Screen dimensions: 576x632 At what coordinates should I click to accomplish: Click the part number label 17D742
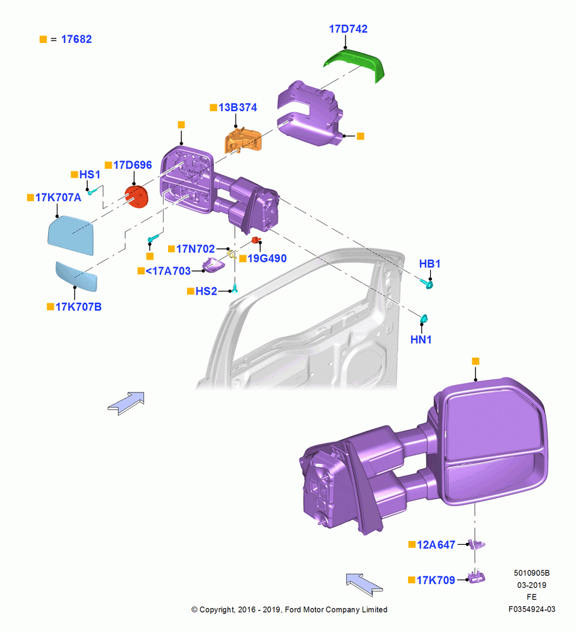(348, 29)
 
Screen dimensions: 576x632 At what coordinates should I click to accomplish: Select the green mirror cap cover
(354, 63)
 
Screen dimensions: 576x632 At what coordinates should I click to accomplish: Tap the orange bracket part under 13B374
(243, 140)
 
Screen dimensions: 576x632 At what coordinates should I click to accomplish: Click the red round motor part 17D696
(136, 197)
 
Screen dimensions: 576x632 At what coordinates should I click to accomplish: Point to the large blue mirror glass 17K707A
(71, 235)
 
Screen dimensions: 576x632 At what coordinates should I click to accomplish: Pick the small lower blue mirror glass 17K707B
(76, 276)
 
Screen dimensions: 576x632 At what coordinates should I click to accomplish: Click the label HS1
(90, 174)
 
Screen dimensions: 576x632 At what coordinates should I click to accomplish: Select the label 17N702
(195, 248)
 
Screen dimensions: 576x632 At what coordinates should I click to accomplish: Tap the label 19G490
(267, 258)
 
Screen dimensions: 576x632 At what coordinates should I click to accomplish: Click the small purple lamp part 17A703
(213, 264)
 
